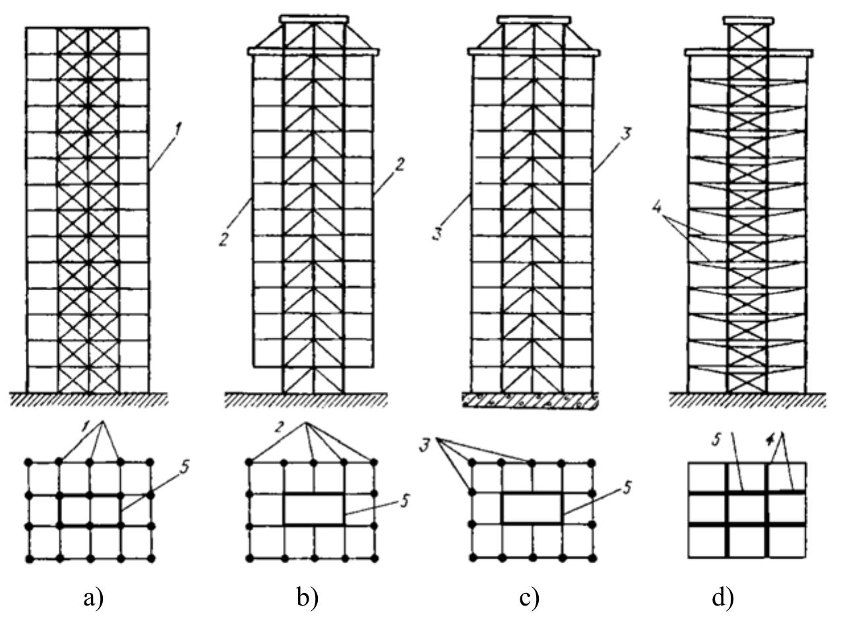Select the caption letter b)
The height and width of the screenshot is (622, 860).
click(x=308, y=598)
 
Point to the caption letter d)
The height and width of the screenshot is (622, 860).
click(x=723, y=598)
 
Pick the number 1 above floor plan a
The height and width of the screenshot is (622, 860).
click(x=87, y=426)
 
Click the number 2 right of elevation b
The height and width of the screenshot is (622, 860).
click(x=400, y=166)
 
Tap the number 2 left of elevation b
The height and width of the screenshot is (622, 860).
click(x=224, y=239)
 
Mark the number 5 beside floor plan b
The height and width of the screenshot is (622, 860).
click(x=404, y=501)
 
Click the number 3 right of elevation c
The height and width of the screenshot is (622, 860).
click(x=625, y=135)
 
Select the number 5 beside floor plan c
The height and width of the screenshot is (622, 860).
click(x=626, y=487)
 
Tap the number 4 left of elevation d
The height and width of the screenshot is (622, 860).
click(x=657, y=209)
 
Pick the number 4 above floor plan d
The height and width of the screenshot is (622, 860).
click(x=768, y=440)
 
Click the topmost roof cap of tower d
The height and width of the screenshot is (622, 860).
click(x=749, y=20)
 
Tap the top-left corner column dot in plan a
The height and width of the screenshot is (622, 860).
click(x=28, y=462)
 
